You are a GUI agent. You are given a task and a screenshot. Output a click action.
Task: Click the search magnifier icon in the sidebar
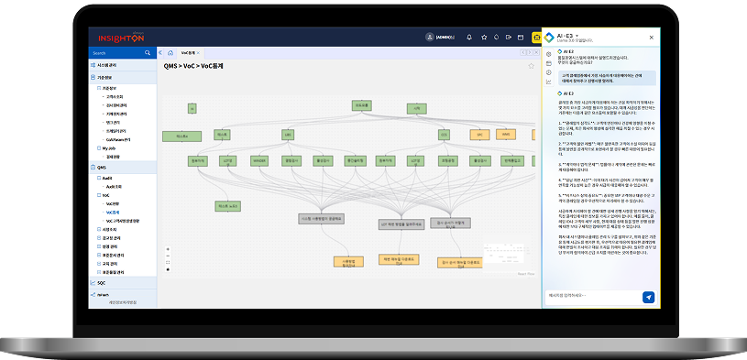click(148, 53)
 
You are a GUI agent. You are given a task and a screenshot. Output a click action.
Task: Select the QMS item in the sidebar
click(102, 168)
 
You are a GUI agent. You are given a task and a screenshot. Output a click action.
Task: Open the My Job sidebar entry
click(109, 147)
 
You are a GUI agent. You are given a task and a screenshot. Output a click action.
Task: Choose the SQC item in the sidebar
click(102, 283)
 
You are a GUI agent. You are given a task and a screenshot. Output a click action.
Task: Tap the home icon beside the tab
click(170, 53)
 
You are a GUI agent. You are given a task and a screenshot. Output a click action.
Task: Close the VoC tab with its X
click(198, 53)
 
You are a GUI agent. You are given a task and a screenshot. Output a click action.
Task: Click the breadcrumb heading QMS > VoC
click(193, 67)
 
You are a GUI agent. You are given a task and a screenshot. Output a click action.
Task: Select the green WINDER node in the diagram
click(259, 160)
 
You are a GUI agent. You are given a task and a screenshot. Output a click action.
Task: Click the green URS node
click(287, 135)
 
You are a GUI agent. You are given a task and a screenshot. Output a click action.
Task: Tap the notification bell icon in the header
click(469, 38)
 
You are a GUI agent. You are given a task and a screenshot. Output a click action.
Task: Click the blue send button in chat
click(648, 297)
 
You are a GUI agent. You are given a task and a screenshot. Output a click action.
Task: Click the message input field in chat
click(591, 297)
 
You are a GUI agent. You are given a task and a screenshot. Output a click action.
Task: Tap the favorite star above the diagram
click(530, 66)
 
